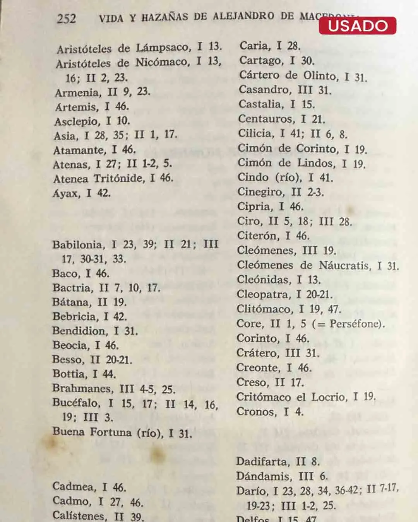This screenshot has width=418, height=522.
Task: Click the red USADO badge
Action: pyautogui.click(x=357, y=26)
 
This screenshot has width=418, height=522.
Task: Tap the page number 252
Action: pyautogui.click(x=67, y=18)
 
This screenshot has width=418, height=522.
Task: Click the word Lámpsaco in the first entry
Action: pyautogui.click(x=163, y=48)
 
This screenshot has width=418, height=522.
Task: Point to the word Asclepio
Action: pyautogui.click(x=77, y=121)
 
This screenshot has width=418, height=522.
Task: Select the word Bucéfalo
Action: pyautogui.click(x=75, y=403)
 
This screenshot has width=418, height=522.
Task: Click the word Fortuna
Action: pyautogui.click(x=111, y=432)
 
